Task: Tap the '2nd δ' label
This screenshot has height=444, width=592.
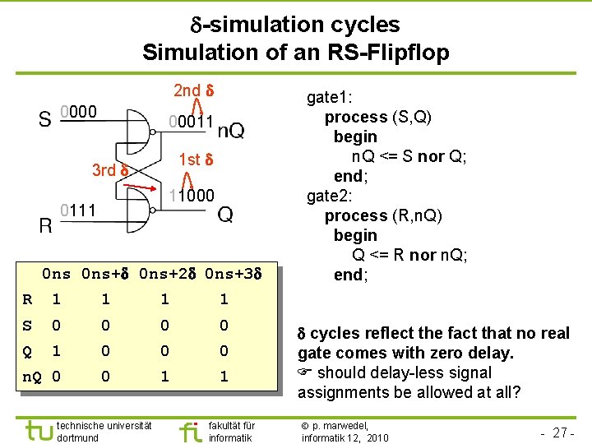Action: [x=194, y=90]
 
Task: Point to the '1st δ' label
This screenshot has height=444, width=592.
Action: [x=197, y=159]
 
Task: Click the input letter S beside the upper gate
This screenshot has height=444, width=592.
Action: [x=46, y=120]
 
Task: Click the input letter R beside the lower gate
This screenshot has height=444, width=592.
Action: [x=48, y=224]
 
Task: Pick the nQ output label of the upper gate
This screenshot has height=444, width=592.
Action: [x=231, y=131]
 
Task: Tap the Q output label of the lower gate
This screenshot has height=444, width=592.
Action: [x=225, y=215]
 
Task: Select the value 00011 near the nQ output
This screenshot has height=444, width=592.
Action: [x=191, y=123]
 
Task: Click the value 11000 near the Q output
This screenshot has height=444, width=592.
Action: [x=191, y=196]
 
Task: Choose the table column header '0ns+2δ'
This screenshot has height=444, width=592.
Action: [x=168, y=273]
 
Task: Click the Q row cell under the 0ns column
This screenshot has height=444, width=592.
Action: [x=56, y=351]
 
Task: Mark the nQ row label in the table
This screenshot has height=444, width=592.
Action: [x=32, y=377]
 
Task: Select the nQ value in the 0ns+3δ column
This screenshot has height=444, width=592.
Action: [x=224, y=377]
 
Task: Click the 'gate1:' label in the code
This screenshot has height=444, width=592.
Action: [x=330, y=97]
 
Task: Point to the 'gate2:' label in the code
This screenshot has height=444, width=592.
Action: [x=330, y=196]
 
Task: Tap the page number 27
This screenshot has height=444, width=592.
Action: [x=562, y=432]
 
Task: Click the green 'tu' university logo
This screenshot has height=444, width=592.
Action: [x=38, y=430]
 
